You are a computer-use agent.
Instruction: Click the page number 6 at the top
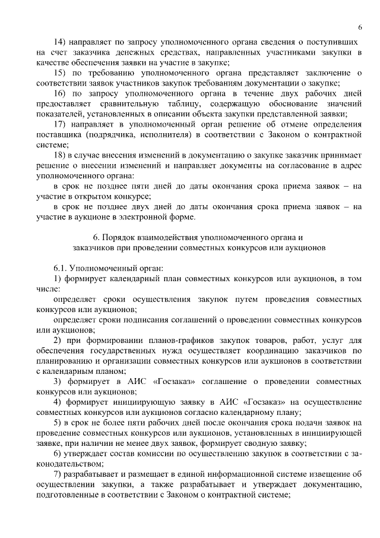point(360,28)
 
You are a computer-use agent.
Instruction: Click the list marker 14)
point(59,43)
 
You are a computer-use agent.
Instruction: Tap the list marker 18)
point(59,155)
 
